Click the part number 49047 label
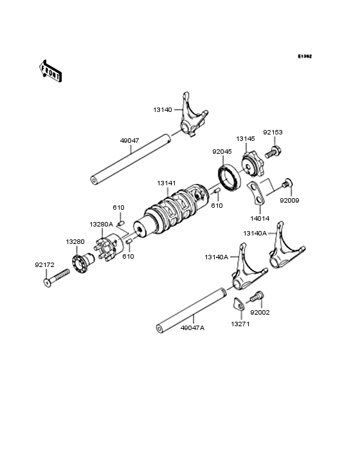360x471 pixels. (x=129, y=140)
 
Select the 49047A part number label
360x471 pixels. (x=193, y=328)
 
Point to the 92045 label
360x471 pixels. (x=222, y=152)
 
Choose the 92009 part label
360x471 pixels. (x=289, y=200)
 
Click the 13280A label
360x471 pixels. (x=101, y=224)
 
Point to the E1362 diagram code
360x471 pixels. (x=304, y=57)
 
